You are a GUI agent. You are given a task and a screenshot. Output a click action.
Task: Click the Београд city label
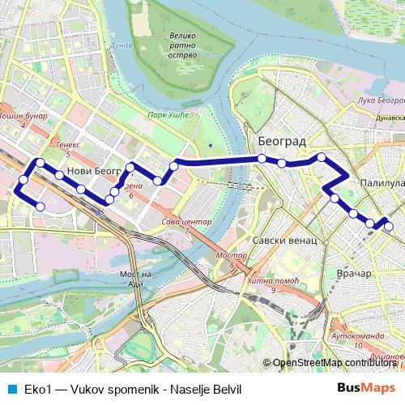(x=282, y=141)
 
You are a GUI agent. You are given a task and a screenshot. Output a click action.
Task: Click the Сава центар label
(x=186, y=222)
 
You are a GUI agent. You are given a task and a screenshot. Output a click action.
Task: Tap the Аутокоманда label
(x=355, y=335)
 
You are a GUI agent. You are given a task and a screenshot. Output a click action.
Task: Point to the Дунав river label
(x=121, y=47)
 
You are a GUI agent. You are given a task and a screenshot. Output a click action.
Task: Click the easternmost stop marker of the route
(x=388, y=227)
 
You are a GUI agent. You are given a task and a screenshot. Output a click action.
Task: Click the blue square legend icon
(x=10, y=387)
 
